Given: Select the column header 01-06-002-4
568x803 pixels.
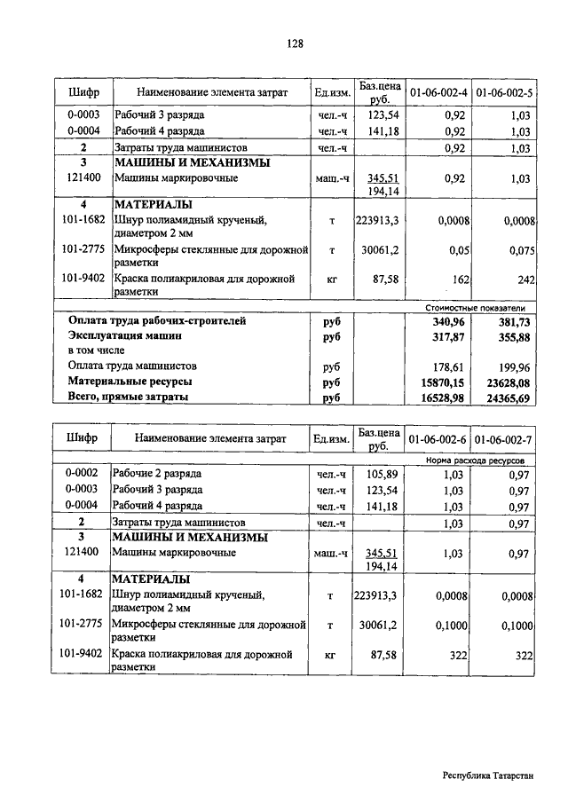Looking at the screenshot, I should [438, 91].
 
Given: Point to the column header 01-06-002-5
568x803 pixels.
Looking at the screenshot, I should [503, 91].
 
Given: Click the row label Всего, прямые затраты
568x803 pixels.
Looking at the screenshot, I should [129, 398].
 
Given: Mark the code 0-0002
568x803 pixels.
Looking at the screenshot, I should [83, 475].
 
